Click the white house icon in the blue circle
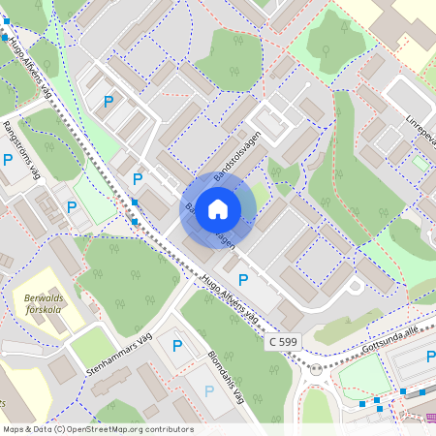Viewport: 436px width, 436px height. [218, 209]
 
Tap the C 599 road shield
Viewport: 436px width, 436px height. [282, 343]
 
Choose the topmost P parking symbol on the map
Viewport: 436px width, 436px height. [109, 101]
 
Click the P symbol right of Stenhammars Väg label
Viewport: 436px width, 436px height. [176, 345]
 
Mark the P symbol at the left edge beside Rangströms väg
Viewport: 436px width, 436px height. [8, 160]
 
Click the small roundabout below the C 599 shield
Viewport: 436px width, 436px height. [316, 369]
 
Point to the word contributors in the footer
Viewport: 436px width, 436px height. [168, 429]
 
